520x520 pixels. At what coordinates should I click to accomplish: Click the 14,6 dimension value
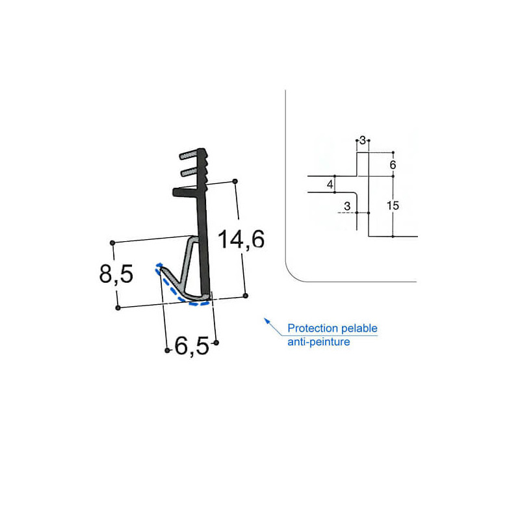[241, 240]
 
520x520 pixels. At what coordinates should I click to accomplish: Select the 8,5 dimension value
[116, 274]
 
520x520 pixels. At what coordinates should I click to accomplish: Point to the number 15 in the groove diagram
[392, 205]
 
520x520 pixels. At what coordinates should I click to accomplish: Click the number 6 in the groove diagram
[393, 165]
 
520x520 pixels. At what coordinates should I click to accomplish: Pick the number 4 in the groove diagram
[330, 185]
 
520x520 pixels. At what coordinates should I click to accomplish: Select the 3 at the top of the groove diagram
[363, 140]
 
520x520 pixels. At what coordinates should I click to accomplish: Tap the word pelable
[359, 328]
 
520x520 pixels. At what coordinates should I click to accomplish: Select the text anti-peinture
[318, 341]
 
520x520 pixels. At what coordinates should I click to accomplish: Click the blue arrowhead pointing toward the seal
[265, 319]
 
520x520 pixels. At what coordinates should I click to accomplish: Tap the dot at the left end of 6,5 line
[168, 351]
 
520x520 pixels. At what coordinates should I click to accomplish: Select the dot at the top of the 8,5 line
[113, 243]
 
